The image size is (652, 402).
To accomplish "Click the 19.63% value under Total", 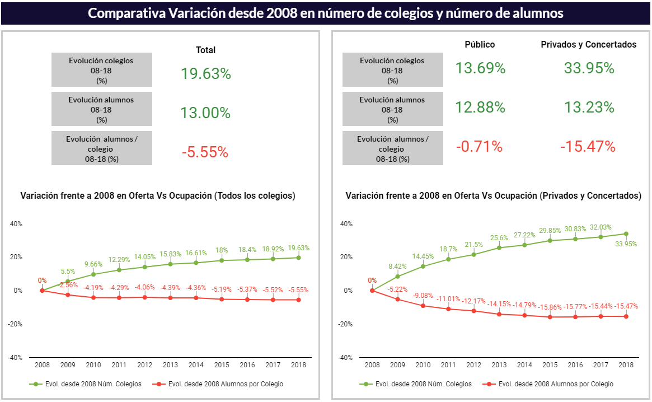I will click(205, 74).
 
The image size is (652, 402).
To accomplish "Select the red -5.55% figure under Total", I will click(205, 152).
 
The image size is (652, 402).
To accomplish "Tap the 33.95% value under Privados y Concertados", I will click(589, 68).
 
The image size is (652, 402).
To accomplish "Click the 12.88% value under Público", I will click(480, 107).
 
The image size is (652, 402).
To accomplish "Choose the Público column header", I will click(480, 45).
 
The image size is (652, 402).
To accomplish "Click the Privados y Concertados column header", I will click(588, 45).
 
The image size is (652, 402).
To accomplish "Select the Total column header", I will click(205, 50).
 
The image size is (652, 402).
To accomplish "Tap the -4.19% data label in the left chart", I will click(93, 288).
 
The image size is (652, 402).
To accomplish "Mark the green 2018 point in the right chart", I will click(626, 234).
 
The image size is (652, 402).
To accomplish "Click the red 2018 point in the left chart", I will click(298, 300).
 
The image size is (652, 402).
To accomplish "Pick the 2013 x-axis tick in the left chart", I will click(170, 365).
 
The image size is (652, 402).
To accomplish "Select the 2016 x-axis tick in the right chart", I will click(575, 365).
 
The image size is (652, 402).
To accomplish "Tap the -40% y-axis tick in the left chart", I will click(16, 357).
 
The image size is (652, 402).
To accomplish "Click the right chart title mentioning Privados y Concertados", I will click(493, 196).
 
